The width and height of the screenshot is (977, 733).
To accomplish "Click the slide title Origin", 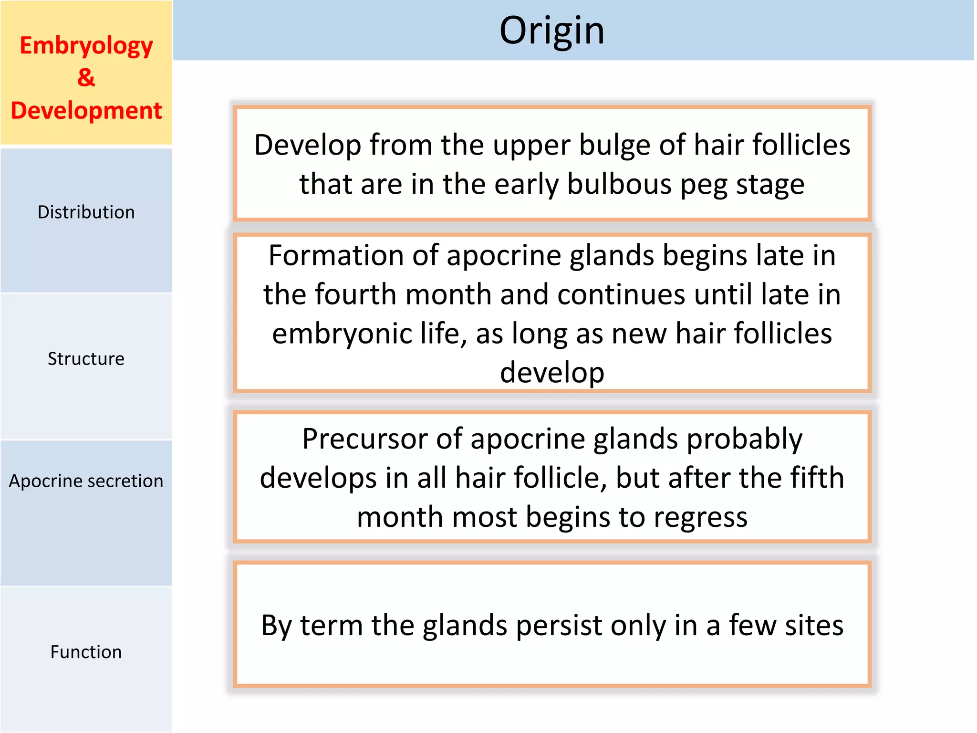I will click(x=551, y=31).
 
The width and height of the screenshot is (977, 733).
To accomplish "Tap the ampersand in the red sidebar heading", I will click(x=86, y=78).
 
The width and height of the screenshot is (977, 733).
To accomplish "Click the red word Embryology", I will click(x=86, y=46).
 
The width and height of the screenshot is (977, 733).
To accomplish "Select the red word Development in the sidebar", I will click(x=86, y=111).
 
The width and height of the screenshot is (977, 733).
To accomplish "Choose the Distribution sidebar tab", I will click(x=86, y=212).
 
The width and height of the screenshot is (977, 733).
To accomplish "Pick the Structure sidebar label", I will click(x=86, y=359).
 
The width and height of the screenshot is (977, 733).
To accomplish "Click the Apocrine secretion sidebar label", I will click(x=86, y=481).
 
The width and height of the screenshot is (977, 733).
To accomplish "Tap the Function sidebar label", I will click(x=86, y=652).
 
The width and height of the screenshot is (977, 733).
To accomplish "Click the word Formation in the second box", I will click(x=335, y=255).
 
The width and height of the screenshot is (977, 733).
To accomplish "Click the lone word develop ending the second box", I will click(x=552, y=373).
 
